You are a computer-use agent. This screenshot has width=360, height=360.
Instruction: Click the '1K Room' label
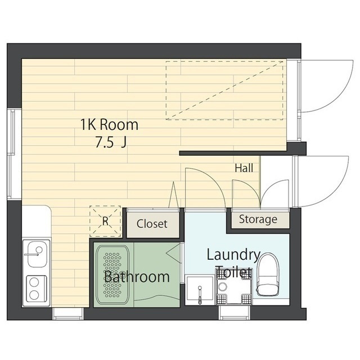coord(109,125)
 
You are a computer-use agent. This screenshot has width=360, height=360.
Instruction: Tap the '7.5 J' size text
coord(111,143)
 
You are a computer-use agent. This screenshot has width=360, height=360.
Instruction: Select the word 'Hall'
coord(244,168)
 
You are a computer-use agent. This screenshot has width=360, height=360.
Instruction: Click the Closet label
coord(152,224)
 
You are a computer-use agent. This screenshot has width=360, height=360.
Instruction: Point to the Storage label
coord(258,219)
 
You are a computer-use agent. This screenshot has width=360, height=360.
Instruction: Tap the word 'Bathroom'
coord(137,277)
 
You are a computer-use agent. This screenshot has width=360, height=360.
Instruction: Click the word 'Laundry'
coord(233,255)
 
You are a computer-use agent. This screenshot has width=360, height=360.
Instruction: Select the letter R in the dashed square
coord(105,221)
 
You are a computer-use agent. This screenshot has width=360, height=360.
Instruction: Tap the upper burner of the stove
coord(34,282)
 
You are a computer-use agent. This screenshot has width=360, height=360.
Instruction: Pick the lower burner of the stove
coord(34,295)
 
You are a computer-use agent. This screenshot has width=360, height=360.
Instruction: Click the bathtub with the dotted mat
coord(112,275)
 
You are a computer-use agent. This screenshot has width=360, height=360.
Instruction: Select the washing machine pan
coord(234,287)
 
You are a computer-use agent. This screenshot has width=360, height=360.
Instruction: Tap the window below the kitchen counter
coord(67,314)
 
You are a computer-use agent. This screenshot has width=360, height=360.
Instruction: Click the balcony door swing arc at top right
coord(340,96)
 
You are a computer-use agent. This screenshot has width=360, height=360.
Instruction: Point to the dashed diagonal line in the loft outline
coord(224,90)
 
